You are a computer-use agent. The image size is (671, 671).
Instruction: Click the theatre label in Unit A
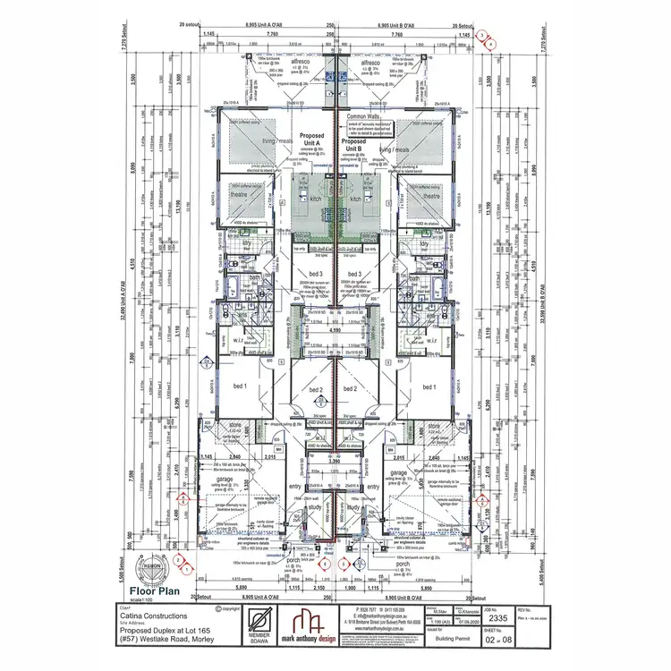click(x=239, y=195)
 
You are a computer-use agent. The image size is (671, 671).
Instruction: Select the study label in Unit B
click(x=353, y=507)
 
